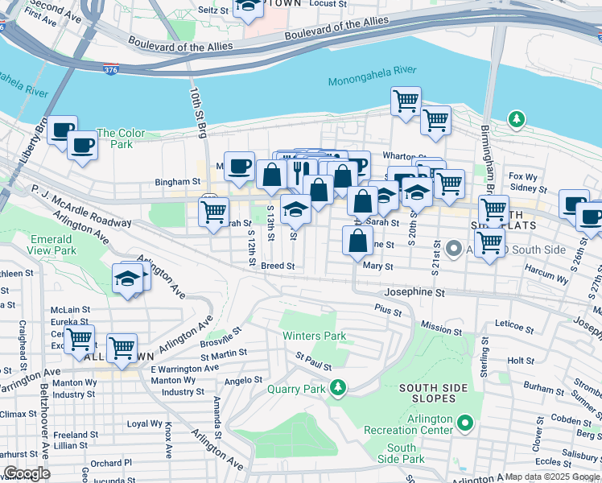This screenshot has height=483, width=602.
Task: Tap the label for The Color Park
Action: tap(121, 138)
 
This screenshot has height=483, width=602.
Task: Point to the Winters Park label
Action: tap(313, 335)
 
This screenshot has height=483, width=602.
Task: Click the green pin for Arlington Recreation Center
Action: tap(464, 422)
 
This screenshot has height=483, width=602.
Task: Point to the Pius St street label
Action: tap(388, 308)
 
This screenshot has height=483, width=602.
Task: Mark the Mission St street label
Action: tap(441, 330)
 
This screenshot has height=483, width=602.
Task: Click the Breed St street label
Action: tap(278, 265)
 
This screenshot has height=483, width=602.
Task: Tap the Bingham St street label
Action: tap(178, 183)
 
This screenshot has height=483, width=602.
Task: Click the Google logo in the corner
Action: tap(26, 473)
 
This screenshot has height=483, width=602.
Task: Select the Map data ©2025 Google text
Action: tap(552, 477)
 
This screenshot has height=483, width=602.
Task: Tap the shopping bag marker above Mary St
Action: tap(357, 239)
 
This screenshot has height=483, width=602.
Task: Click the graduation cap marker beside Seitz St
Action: tap(248, 6)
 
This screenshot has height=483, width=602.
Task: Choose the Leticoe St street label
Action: tap(514, 328)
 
